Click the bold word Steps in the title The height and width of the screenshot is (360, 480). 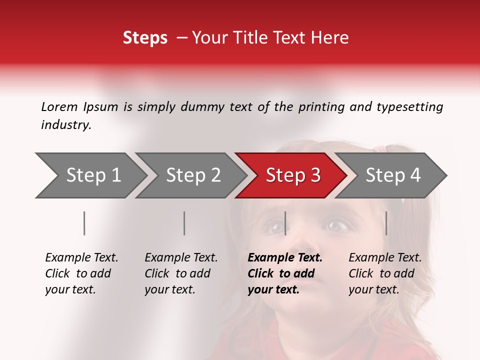[145, 38]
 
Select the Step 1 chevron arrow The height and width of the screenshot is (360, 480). [90, 175]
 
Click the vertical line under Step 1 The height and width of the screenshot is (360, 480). [84, 223]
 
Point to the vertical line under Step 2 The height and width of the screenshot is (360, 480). [184, 223]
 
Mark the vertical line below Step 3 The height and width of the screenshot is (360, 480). [285, 223]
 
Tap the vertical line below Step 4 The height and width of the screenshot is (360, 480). [386, 223]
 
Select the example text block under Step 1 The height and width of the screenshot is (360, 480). [81, 273]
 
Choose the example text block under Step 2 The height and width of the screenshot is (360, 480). [181, 273]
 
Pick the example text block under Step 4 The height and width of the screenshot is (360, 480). [385, 273]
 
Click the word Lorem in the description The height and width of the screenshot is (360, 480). [59, 106]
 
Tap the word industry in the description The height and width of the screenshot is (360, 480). [66, 125]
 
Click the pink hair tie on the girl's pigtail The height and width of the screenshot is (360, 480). [381, 149]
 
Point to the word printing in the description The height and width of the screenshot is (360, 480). [320, 106]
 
